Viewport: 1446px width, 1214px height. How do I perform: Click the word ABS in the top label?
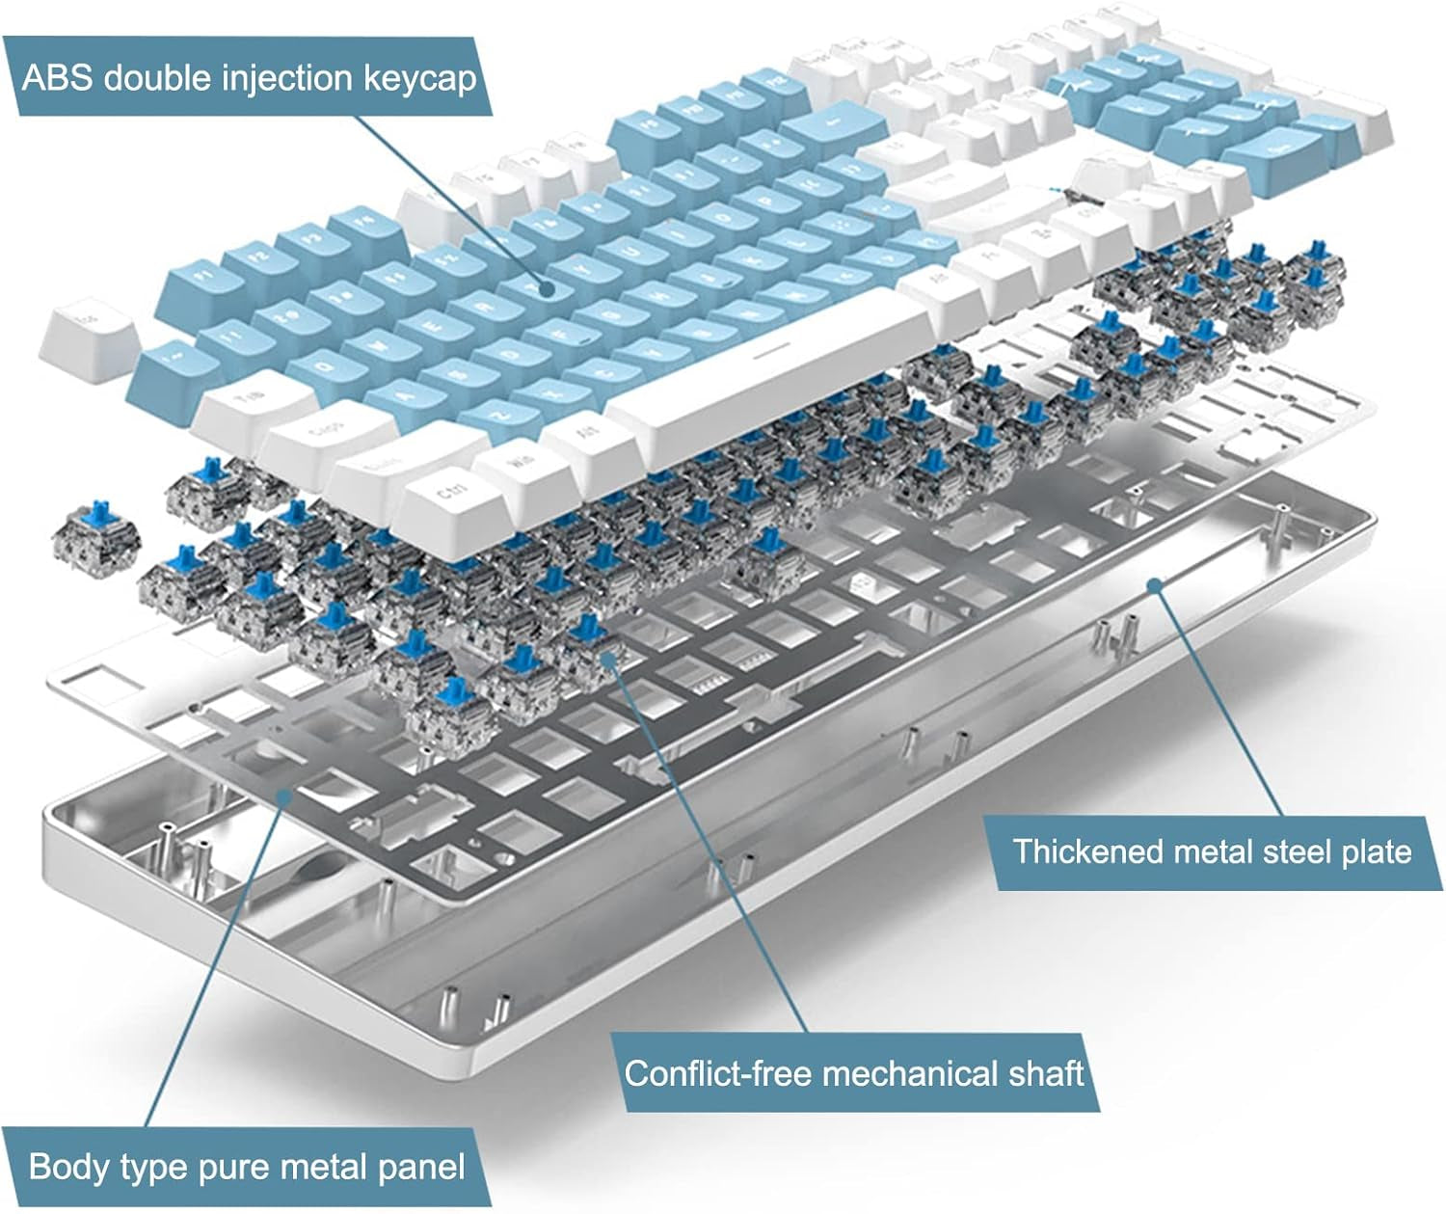(57, 78)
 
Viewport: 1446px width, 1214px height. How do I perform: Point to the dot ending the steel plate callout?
(1156, 583)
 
